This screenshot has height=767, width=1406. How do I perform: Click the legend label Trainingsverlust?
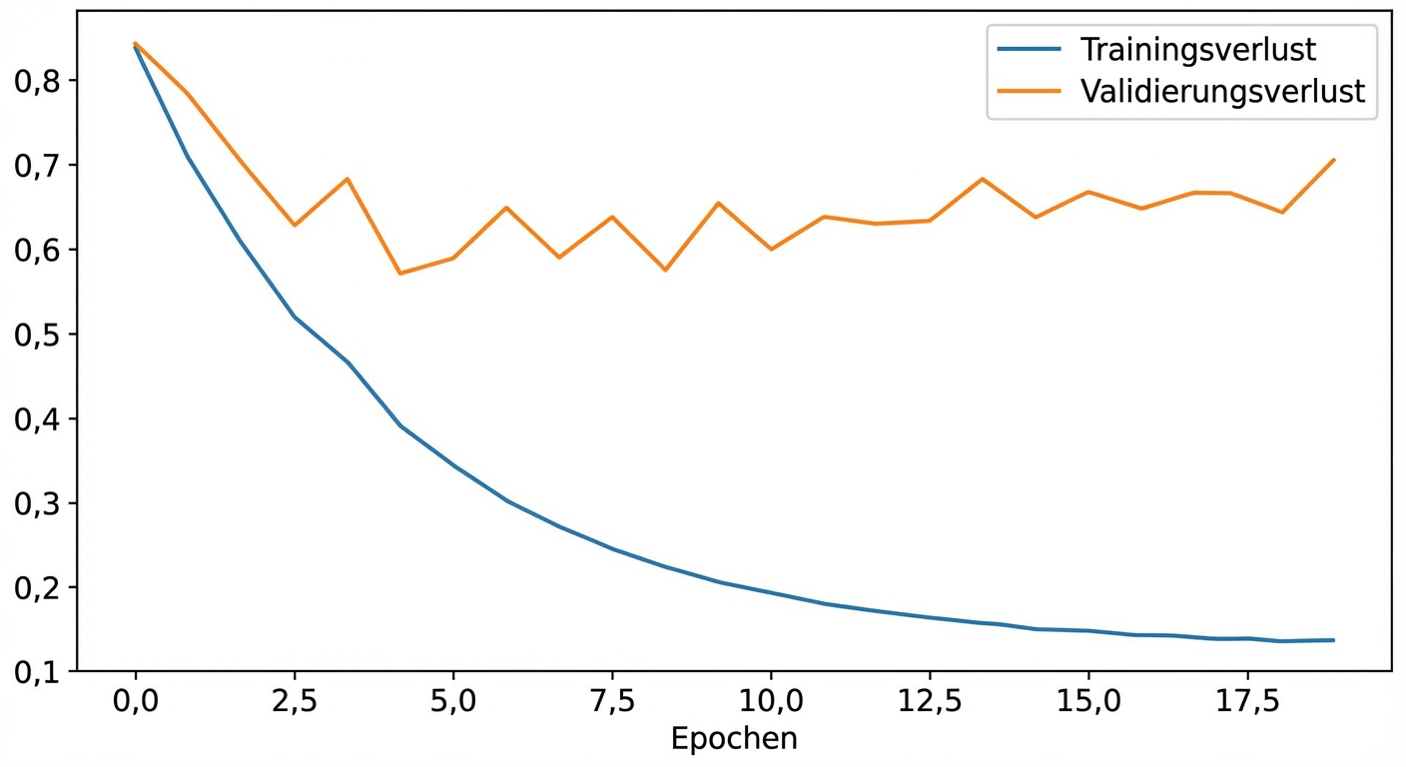1197,49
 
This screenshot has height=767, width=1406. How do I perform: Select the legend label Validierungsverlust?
1222,92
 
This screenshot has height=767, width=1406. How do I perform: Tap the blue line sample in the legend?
1028,49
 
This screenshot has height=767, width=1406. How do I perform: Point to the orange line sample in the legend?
1028,92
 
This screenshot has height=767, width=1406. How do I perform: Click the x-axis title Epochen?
734,739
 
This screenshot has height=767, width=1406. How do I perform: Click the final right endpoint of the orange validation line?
1334,160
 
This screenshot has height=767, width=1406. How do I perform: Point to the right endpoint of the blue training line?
1334,640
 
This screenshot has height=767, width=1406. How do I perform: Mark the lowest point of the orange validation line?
400,273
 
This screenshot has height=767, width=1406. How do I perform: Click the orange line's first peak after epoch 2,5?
347,179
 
